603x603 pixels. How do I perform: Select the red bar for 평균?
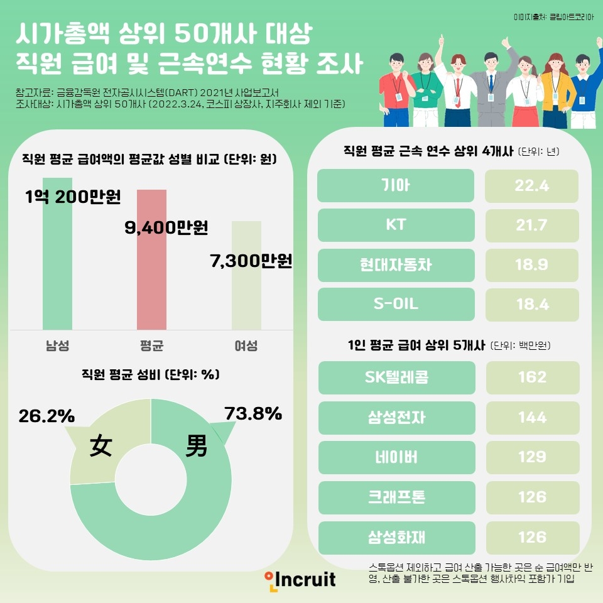click(151, 276)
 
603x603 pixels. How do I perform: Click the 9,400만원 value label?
click(166, 227)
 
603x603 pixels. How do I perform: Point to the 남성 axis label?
click(57, 345)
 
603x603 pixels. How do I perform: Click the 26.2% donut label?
click(46, 416)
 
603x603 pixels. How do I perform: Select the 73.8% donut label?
click(253, 413)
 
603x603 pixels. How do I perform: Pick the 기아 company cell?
click(396, 185)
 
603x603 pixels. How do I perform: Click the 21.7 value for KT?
click(532, 225)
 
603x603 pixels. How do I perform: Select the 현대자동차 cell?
click(396, 265)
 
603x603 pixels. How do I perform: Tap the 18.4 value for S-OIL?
click(532, 305)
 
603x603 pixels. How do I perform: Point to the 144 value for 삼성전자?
click(532, 418)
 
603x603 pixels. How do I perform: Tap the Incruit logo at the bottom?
click(300, 578)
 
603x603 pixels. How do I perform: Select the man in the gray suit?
click(491, 88)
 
